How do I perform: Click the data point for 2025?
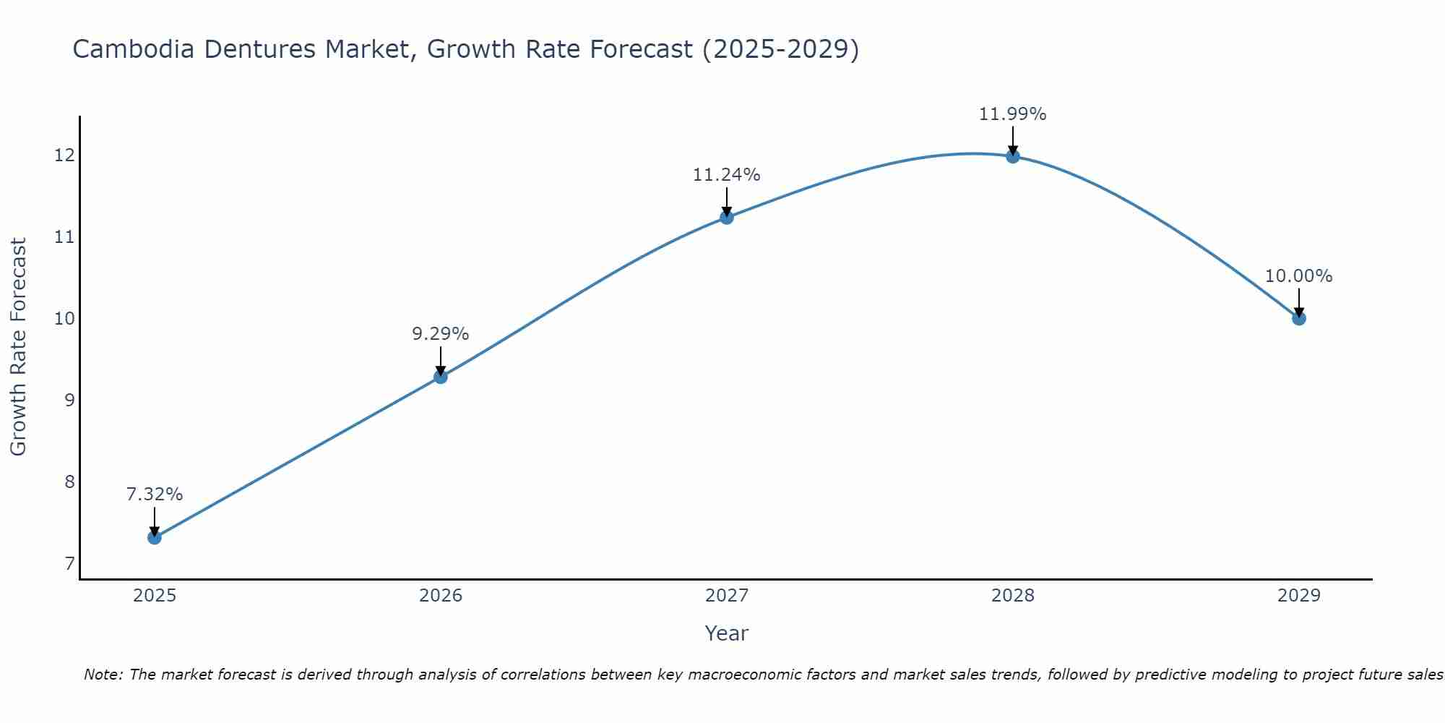(154, 537)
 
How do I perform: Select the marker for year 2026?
(440, 377)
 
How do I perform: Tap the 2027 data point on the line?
(726, 217)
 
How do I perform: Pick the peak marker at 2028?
(1012, 156)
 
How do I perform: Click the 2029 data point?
(1298, 318)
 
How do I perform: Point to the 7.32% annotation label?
(154, 495)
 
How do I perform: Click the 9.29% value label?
(440, 334)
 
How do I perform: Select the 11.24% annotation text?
(726, 175)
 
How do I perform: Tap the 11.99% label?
(1012, 114)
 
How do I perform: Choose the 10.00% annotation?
(1298, 276)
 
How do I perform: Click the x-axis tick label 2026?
(440, 596)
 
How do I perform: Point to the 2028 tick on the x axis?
(1012, 596)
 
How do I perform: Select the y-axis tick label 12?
(64, 155)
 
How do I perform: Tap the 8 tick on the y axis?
(69, 482)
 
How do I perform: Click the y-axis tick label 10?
(64, 319)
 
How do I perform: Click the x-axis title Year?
(726, 633)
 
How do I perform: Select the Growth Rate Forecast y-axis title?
(18, 346)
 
